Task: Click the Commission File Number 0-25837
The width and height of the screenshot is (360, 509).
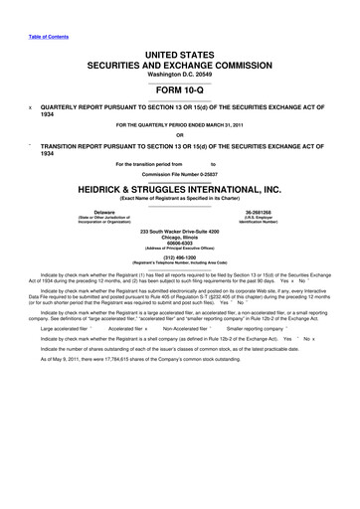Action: pos(179,172)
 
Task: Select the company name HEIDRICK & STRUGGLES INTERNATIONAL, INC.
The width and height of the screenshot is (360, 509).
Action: pos(179,188)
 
